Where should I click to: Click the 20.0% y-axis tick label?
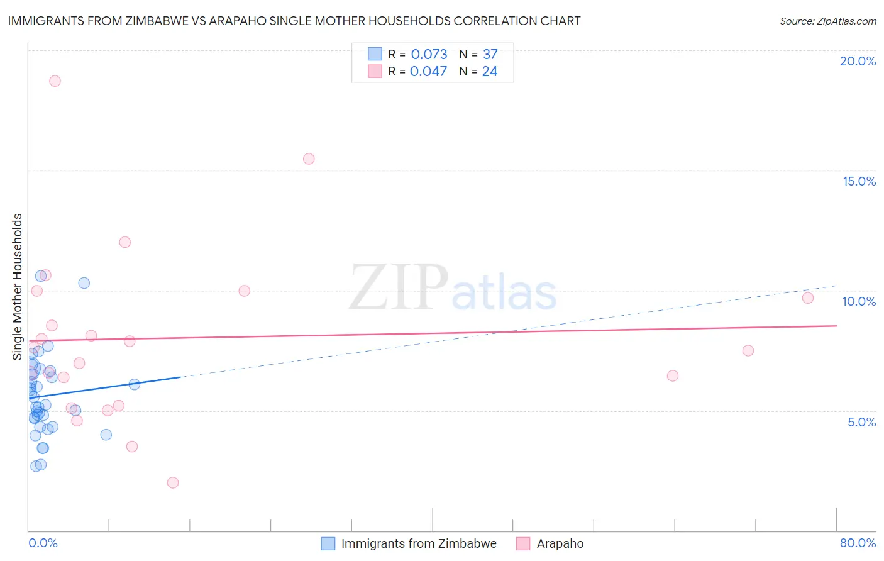[x=858, y=61]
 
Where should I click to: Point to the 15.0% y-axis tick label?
[x=859, y=181]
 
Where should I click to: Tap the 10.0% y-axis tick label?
[x=859, y=301]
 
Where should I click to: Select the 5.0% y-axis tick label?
[x=861, y=422]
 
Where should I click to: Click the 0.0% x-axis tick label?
[x=43, y=543]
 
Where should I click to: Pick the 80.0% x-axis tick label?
[x=858, y=543]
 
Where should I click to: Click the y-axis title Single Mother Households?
[x=18, y=287]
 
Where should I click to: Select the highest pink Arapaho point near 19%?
[x=55, y=81]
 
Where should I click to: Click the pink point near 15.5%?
[x=309, y=159]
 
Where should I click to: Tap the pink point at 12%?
[x=125, y=242]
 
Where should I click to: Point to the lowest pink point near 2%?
[x=173, y=483]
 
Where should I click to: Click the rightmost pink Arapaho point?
[x=808, y=298]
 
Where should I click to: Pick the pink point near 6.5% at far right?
[x=673, y=376]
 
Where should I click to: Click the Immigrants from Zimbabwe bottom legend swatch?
[x=328, y=543]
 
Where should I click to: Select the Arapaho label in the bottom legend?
[x=560, y=543]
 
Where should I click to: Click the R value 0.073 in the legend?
[x=429, y=55]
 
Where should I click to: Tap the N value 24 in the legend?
[x=490, y=72]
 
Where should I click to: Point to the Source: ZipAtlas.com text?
[x=827, y=21]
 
